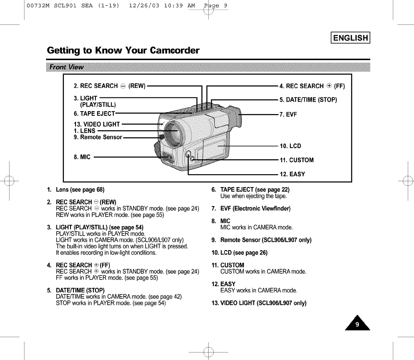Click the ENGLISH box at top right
(x=351, y=38)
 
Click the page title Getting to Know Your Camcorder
(x=123, y=51)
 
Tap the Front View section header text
(x=66, y=67)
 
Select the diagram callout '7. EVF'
(x=288, y=114)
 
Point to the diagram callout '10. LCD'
(x=290, y=146)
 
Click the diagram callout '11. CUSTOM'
(x=297, y=160)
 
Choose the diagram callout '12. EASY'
(x=292, y=174)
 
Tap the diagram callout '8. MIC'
(x=82, y=157)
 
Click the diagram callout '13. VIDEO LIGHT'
(x=97, y=124)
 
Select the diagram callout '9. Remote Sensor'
(x=98, y=137)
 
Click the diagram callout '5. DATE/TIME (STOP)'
(x=308, y=100)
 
